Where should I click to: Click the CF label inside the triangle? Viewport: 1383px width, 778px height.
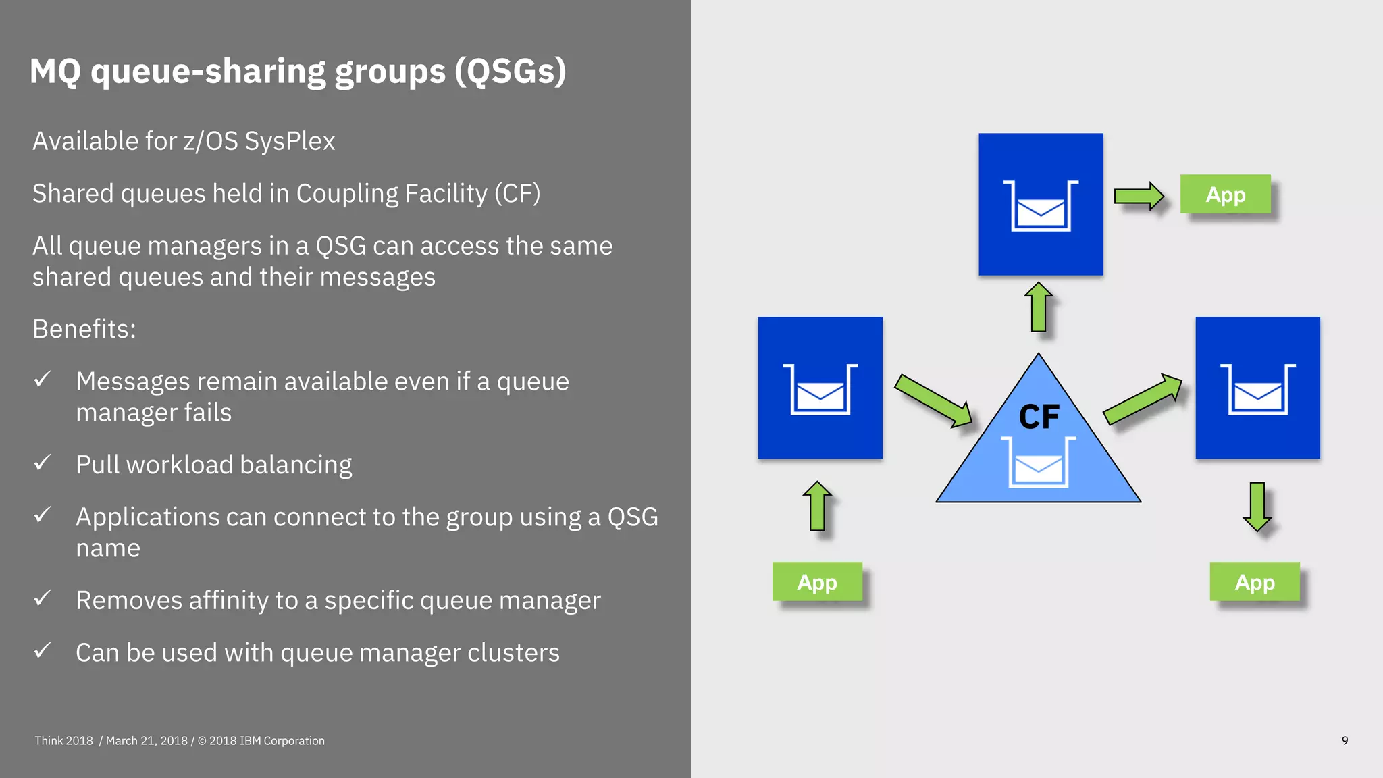point(1039,417)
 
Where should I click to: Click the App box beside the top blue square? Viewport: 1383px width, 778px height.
point(1225,194)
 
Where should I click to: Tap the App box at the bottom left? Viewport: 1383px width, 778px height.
point(817,581)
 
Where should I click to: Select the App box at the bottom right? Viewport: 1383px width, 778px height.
point(1254,581)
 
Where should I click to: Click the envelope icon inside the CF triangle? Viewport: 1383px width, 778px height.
point(1039,467)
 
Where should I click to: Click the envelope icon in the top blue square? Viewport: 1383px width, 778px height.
point(1041,212)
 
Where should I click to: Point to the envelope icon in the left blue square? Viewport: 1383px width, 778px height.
point(820,395)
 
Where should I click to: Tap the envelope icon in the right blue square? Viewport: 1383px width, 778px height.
point(1257,395)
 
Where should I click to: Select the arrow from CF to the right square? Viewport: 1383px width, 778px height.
point(1143,400)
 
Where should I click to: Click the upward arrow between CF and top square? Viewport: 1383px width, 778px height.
point(1039,307)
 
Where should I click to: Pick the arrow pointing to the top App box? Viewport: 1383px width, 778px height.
point(1139,197)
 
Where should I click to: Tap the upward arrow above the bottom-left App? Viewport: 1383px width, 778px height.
point(817,506)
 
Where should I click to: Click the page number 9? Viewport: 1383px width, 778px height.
point(1345,741)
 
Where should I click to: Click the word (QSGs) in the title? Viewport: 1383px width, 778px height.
point(510,71)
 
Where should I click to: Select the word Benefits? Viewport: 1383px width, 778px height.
point(84,329)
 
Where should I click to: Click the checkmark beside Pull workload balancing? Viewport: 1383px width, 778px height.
point(43,463)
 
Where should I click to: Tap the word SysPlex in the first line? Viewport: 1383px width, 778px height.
point(290,141)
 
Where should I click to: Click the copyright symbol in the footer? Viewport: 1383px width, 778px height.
point(202,741)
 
